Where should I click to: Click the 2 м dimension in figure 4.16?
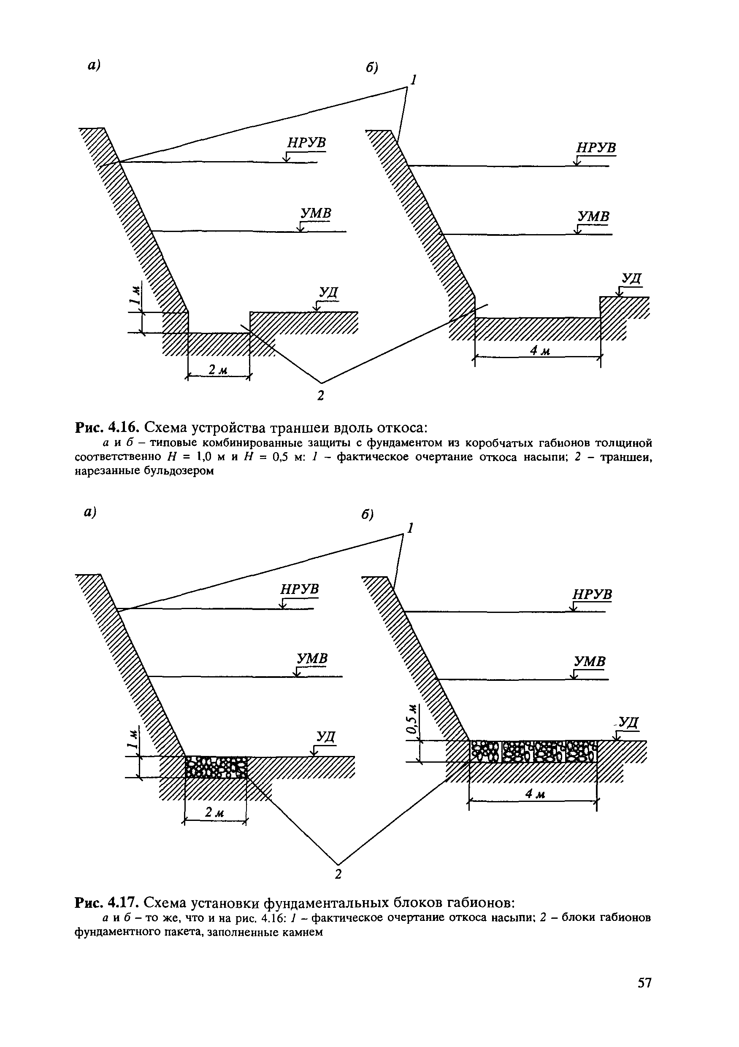coord(218,370)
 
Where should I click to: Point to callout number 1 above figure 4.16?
coord(413,81)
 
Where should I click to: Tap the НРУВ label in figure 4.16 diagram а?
coord(306,143)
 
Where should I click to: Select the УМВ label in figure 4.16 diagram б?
coord(593,216)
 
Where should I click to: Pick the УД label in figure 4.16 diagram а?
coord(328,292)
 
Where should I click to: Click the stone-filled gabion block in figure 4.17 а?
coord(216,767)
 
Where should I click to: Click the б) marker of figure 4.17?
coord(367,515)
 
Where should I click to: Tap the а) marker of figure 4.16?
coord(94,65)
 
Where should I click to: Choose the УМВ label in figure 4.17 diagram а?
coord(312,658)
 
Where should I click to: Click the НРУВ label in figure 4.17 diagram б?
coord(592,595)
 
